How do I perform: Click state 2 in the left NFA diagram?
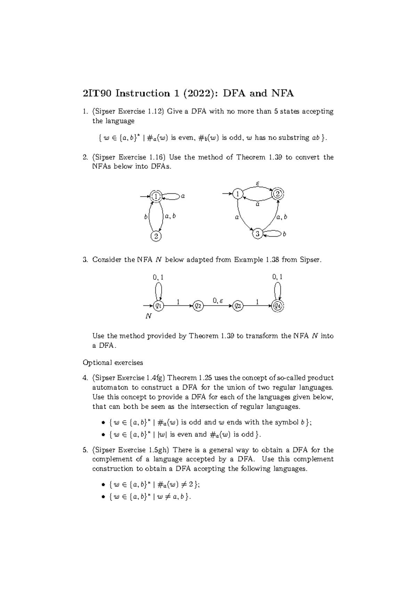click(x=156, y=236)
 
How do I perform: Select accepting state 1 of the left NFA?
click(x=156, y=196)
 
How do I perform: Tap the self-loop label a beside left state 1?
click(x=183, y=196)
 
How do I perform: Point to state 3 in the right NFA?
click(x=257, y=234)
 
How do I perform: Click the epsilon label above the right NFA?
click(x=257, y=183)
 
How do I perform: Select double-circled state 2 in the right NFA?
click(x=277, y=194)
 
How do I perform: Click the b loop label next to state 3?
click(x=284, y=234)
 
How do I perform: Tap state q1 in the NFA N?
click(x=158, y=306)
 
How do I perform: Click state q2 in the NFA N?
click(x=198, y=306)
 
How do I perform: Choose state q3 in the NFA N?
click(x=238, y=306)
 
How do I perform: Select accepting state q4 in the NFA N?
click(x=278, y=306)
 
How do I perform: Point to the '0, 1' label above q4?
click(x=277, y=277)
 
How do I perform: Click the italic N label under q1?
click(x=148, y=317)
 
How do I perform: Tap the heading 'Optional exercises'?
click(x=113, y=362)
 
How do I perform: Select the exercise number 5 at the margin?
click(x=85, y=450)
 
